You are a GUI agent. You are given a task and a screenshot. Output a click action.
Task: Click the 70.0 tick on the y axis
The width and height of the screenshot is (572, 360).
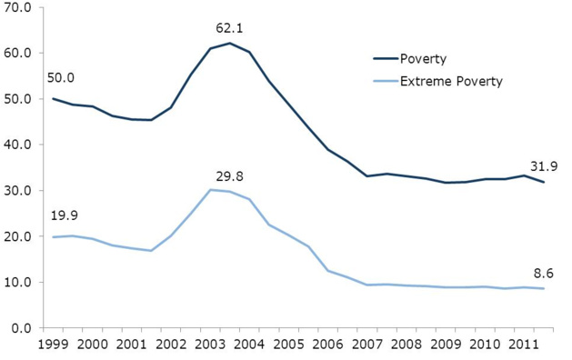pyautogui.click(x=17, y=7)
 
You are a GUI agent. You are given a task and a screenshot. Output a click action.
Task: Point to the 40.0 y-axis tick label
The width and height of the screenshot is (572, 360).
pyautogui.click(x=17, y=145)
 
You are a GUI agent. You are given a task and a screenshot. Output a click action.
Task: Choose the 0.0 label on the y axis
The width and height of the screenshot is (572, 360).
pyautogui.click(x=21, y=328)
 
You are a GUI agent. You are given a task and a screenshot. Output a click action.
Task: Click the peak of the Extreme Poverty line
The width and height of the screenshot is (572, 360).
pyautogui.click(x=211, y=190)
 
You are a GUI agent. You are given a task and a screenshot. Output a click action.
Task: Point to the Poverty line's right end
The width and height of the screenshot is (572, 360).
pyautogui.click(x=544, y=182)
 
